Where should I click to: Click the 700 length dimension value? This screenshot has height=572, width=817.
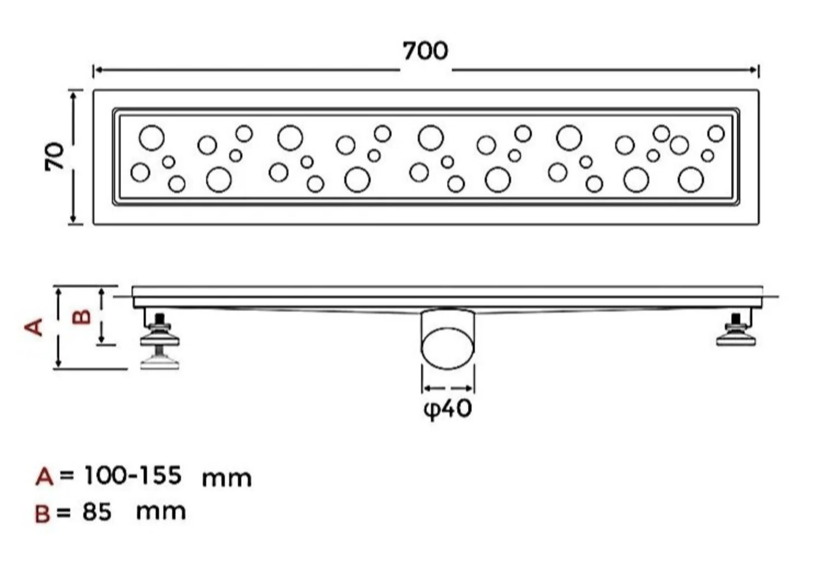425,52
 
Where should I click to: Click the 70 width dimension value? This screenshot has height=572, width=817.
54,156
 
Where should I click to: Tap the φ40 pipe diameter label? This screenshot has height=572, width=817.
447,409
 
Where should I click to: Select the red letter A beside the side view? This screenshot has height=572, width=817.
33,327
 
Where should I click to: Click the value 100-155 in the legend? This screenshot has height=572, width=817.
133,475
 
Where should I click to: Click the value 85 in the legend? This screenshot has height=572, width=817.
97,512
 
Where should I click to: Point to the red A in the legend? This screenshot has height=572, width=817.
44,477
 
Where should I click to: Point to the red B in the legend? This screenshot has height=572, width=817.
42,513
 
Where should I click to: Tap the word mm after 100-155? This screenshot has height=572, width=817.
227,478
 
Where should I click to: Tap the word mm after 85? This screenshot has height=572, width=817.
161,512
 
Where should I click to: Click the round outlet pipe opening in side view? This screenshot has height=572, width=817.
447,348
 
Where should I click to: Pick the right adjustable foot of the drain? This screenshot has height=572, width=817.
736,329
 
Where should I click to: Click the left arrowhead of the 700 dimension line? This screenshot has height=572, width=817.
98,70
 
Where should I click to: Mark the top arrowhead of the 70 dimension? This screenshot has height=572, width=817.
73,95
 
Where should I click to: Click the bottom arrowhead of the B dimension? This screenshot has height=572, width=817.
101,340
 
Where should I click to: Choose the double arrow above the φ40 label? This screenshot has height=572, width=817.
447,388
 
